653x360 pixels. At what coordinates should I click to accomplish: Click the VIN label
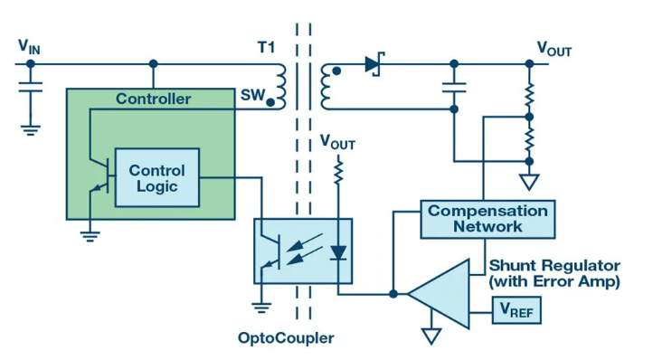click(x=29, y=47)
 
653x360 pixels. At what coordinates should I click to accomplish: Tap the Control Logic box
click(x=157, y=177)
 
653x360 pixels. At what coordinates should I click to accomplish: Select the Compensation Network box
click(x=487, y=219)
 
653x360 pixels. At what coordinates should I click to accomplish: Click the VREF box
click(x=516, y=310)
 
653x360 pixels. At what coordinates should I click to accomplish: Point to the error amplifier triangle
click(x=439, y=294)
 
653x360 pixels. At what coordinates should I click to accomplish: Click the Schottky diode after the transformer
click(x=374, y=64)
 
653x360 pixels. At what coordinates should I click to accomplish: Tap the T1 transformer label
click(x=267, y=48)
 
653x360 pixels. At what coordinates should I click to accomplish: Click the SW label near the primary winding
click(x=252, y=95)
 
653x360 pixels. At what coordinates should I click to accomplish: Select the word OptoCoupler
click(x=286, y=338)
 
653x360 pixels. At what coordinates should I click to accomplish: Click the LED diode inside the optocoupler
click(x=338, y=252)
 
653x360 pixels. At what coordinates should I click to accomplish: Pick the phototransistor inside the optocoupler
click(x=270, y=251)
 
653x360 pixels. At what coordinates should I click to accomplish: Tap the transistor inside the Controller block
click(x=100, y=175)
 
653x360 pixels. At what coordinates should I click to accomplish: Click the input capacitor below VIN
click(x=31, y=87)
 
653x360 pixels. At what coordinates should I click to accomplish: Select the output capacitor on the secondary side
click(x=454, y=87)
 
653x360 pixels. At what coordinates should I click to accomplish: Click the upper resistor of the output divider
click(x=529, y=95)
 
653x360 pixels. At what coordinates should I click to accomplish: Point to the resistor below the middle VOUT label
click(x=338, y=171)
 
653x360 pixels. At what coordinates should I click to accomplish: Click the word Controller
click(x=153, y=99)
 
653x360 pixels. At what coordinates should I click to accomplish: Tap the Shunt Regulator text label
click(x=554, y=265)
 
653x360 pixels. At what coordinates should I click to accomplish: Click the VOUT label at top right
click(x=554, y=49)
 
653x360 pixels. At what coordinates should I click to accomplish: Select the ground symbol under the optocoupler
click(x=261, y=308)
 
